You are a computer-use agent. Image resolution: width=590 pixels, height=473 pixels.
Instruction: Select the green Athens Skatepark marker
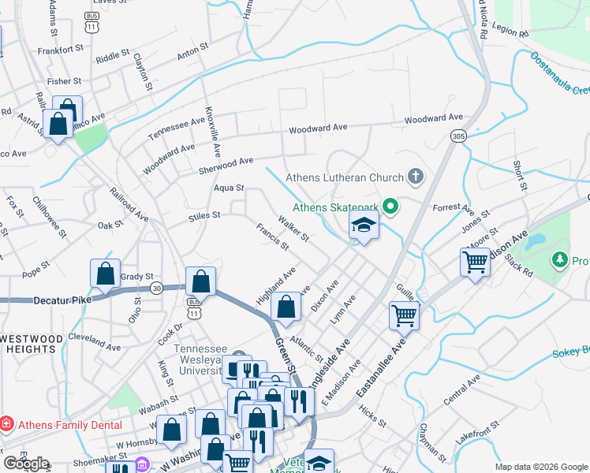390,207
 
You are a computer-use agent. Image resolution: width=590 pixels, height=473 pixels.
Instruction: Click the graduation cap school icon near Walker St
364,226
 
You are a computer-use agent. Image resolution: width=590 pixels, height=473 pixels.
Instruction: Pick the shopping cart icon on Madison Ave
475,263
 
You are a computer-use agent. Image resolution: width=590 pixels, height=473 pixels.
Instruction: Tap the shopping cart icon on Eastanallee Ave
403,315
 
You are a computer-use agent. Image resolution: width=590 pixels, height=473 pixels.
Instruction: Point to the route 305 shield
459,136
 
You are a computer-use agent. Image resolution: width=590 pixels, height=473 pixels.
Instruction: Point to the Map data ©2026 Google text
540,467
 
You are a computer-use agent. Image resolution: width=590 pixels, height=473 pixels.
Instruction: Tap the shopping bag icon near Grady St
105,274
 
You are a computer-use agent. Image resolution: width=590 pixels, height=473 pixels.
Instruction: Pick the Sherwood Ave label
226,162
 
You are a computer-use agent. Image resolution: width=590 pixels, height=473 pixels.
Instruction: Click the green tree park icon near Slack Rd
560,259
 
